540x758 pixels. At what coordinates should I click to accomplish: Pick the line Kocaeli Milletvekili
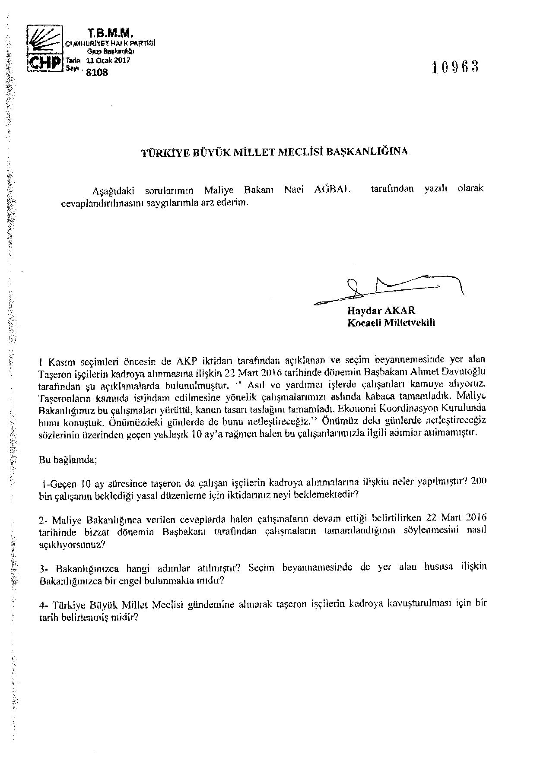[391, 323]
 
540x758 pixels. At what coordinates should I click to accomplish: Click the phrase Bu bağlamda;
[68, 460]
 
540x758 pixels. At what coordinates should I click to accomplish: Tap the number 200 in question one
[479, 482]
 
